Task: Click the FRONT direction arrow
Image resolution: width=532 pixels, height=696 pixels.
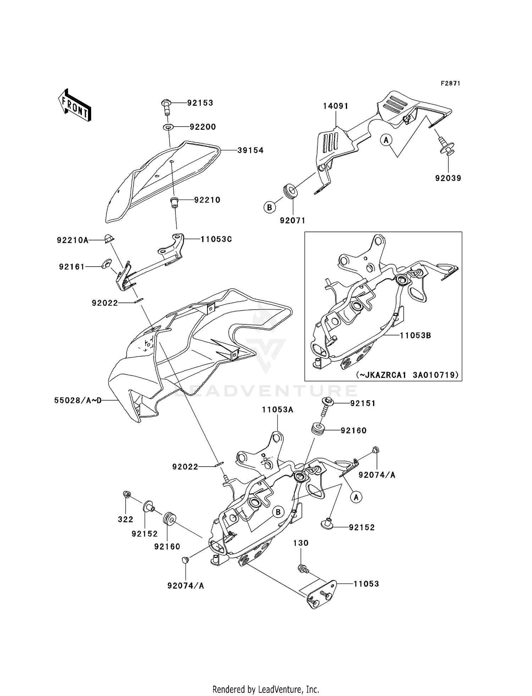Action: (x=75, y=105)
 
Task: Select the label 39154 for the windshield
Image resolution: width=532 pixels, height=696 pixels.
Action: (x=250, y=150)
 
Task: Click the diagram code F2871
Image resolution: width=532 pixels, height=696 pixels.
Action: (x=450, y=83)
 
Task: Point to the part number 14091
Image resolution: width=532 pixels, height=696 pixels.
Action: (x=335, y=106)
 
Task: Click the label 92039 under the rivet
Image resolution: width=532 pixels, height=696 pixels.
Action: (x=448, y=178)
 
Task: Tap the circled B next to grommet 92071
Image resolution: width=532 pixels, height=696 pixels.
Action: (x=270, y=207)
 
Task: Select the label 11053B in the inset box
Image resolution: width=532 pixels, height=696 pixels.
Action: (x=415, y=335)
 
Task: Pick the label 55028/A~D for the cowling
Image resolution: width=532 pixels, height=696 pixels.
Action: (x=78, y=401)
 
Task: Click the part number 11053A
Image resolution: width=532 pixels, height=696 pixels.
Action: (x=277, y=410)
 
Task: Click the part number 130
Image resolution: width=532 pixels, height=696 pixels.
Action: (x=301, y=543)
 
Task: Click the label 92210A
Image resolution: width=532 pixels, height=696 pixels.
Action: (x=73, y=240)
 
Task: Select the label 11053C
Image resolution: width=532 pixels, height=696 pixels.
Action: (x=216, y=239)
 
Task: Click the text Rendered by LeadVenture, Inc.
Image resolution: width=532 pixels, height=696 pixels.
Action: (x=266, y=689)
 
